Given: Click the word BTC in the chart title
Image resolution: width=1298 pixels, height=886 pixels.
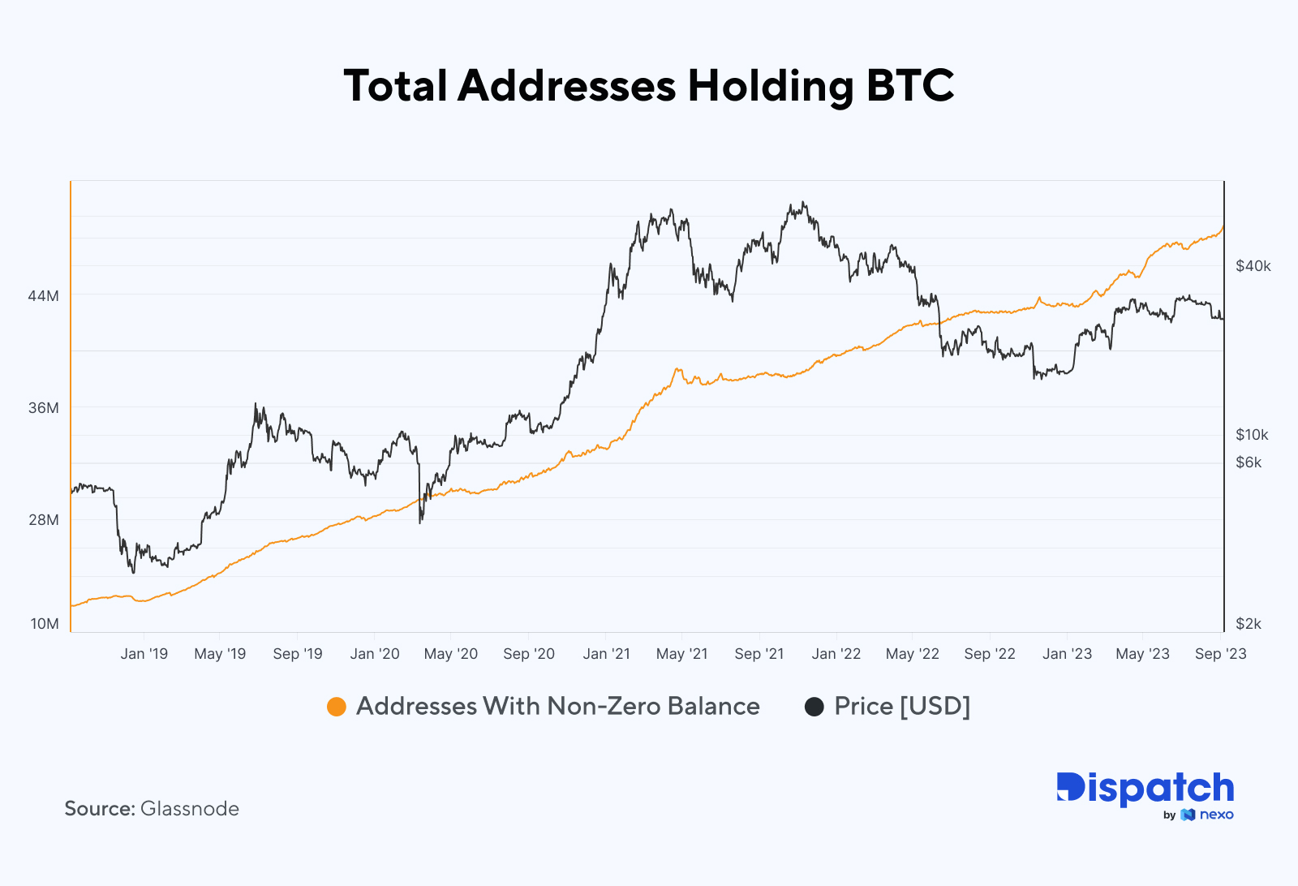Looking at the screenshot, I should pos(909,86).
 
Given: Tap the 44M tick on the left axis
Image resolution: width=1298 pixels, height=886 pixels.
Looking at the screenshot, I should pos(43,296).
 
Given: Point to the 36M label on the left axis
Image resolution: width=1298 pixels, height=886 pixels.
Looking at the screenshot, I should pos(43,408).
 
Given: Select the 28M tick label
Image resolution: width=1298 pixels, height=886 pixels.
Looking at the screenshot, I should pos(43,520).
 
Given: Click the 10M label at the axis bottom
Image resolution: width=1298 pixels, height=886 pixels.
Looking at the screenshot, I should pos(45,624).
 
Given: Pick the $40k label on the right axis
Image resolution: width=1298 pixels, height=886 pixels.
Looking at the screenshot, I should pos(1253,266).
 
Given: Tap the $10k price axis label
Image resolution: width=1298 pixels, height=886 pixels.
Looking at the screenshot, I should pos(1251,435).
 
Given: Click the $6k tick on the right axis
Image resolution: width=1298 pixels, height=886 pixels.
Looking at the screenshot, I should pos(1248,462).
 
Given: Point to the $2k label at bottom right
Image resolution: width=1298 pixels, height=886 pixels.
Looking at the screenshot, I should pos(1248,624).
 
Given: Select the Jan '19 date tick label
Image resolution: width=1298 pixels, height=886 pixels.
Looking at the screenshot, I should pos(144,654).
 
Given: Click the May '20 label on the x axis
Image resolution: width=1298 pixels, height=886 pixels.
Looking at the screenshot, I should pos(451,654).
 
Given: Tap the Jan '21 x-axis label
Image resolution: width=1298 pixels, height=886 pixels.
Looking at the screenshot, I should pos(606,654).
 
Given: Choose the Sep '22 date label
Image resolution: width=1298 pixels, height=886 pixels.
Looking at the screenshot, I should pos(989,654).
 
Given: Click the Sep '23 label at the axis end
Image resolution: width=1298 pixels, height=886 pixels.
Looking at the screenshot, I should pos(1220,654).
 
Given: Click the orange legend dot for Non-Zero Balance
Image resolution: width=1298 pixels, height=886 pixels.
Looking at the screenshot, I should pos(337,707).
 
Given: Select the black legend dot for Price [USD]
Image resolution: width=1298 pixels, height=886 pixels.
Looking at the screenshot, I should pos(814,707).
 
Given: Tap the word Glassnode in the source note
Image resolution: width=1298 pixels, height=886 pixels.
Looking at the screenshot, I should pos(190,809).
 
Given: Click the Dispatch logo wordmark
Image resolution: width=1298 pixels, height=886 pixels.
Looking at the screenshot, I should pos(1145,789).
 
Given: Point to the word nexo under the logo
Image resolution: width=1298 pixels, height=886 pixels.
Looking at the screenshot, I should pos(1216,815).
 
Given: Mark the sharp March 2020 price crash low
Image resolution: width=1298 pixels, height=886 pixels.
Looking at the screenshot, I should pos(420,522).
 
